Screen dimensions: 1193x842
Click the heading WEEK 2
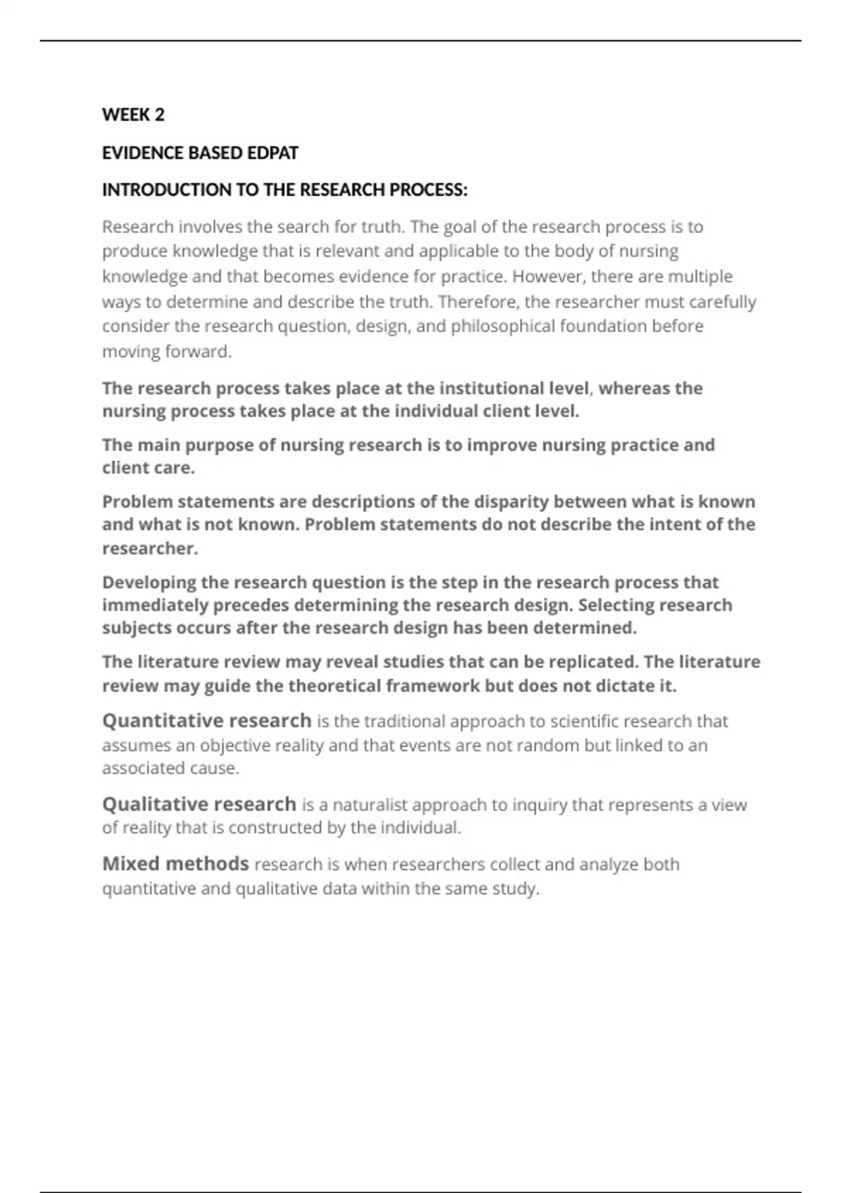click(133, 115)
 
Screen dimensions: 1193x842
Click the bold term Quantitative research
click(207, 721)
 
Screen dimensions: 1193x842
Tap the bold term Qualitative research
click(199, 804)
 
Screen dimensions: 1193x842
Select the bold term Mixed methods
click(175, 864)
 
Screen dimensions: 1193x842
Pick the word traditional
click(403, 721)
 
